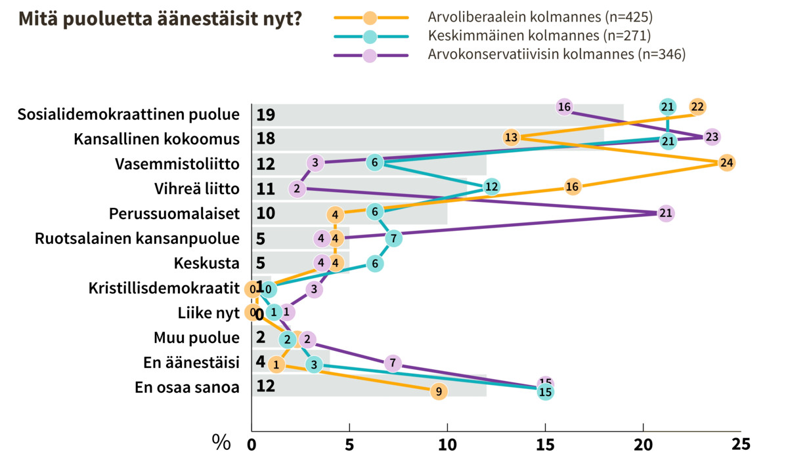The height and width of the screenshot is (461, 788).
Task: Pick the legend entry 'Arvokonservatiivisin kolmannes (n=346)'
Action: (556, 54)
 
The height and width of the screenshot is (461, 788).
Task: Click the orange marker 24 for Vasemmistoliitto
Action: (726, 163)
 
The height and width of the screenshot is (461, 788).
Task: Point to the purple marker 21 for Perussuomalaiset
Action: (666, 214)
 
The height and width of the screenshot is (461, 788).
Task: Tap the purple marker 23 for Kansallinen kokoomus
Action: (712, 137)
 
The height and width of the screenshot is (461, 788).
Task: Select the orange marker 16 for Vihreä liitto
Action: (572, 188)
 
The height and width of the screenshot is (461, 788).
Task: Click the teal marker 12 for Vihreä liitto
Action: (491, 188)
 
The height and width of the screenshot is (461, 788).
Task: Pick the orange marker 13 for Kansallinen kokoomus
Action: (512, 137)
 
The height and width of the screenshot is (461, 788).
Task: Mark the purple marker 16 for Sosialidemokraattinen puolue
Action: (564, 107)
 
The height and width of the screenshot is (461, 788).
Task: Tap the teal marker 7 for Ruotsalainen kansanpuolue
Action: (393, 238)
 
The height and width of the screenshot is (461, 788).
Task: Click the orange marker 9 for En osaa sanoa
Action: (439, 391)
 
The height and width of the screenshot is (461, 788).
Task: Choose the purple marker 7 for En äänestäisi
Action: (392, 363)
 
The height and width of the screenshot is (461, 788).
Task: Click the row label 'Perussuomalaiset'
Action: (173, 214)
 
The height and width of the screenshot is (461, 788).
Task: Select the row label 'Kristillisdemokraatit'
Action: (164, 289)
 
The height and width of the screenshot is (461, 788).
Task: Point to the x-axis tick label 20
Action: (643, 444)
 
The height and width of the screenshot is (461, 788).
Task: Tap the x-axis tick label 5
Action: (349, 444)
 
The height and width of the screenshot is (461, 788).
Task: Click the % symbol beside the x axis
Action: (221, 443)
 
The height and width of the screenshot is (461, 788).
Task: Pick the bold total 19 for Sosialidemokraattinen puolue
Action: (265, 115)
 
